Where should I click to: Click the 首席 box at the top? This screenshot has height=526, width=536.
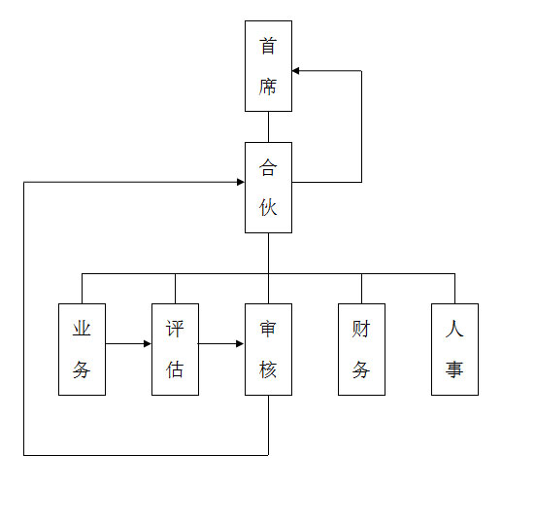268,66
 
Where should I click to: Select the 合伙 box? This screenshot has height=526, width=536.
268,188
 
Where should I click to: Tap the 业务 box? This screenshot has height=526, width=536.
82,349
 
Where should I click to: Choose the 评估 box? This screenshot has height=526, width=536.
175,349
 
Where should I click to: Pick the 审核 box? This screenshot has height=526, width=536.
268,349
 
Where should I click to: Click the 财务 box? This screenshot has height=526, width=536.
361,349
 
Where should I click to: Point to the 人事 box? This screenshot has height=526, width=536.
454,349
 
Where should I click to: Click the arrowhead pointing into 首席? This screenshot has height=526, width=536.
296,71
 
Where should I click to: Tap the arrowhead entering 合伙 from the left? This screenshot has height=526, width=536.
241,182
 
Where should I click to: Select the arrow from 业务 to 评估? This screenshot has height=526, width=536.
128,343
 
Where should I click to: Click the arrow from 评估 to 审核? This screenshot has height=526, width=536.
221,343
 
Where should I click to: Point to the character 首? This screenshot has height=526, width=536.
268,46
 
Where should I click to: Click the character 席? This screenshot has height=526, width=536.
268,87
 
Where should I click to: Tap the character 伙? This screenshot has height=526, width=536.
268,208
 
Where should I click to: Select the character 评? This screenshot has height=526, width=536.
175,329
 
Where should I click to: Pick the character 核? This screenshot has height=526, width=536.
268,369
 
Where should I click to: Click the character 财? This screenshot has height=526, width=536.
361,329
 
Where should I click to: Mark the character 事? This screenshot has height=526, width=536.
454,369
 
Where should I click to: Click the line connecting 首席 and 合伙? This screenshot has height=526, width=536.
268,127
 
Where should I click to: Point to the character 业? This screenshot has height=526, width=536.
82,329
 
